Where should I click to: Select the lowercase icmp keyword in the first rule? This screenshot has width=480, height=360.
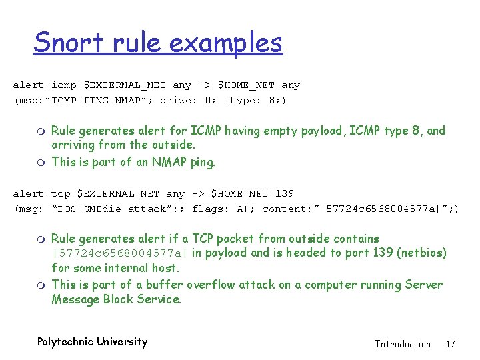[x=64, y=85]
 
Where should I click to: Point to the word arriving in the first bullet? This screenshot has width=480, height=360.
[x=73, y=145]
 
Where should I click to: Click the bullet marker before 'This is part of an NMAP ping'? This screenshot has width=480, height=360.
[x=41, y=163]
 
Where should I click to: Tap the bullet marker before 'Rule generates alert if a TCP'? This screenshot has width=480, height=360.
[x=41, y=239]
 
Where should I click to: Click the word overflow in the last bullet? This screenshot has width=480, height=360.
[x=215, y=285]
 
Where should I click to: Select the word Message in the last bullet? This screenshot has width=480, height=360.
[x=75, y=299]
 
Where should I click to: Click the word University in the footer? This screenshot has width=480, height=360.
[x=122, y=342]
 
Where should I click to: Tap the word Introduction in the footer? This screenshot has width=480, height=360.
[x=403, y=344]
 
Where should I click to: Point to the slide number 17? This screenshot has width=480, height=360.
[x=451, y=344]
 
